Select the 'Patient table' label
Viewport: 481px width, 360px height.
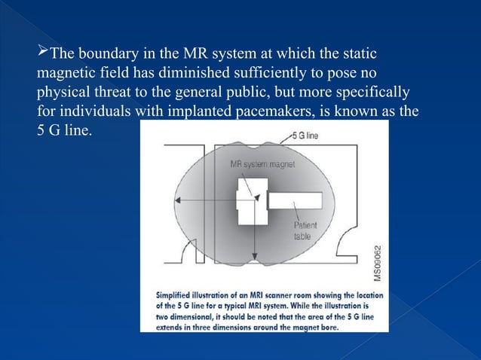305,230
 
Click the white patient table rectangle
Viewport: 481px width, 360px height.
295,202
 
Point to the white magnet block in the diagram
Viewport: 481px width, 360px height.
249,197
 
